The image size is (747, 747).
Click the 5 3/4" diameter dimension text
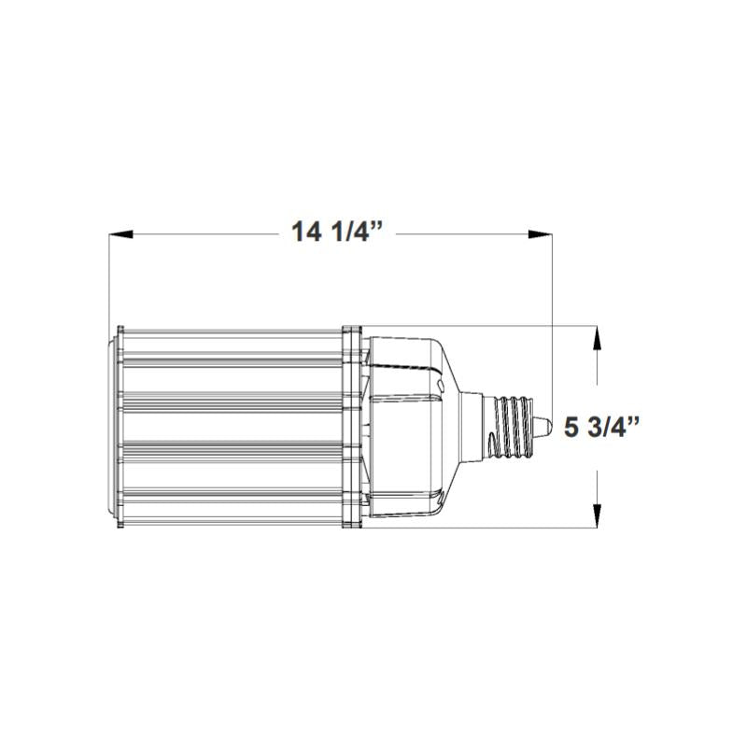tap(604, 429)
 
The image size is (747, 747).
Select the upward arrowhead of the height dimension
tap(596, 338)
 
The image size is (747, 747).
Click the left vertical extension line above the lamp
tap(109, 280)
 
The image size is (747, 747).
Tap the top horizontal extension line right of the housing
tap(523, 326)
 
